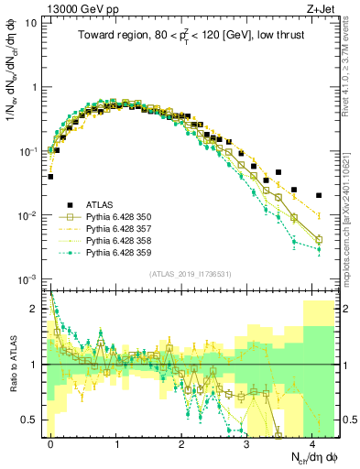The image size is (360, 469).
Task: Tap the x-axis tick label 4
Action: (312, 442)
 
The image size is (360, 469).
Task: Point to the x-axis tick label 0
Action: (51, 442)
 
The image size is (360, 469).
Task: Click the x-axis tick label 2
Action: (182, 442)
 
